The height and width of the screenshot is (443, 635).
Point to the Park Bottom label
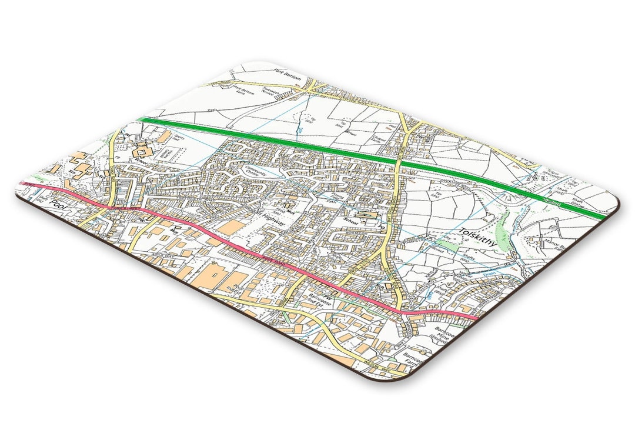pyautogui.click(x=288, y=75)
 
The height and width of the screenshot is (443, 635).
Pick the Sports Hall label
pyautogui.click(x=176, y=138)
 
